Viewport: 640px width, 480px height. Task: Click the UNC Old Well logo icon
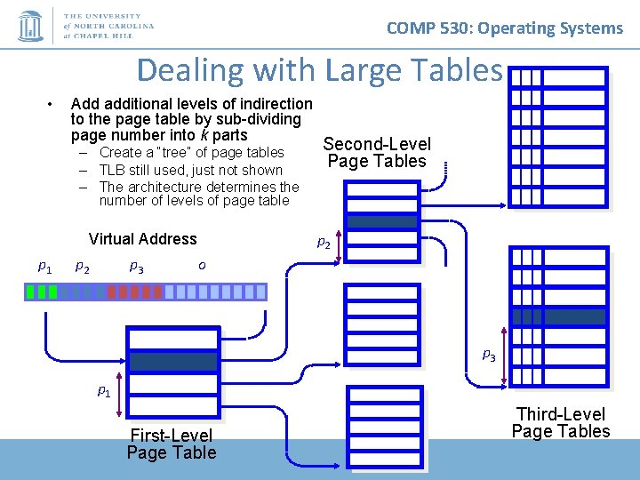[31, 26]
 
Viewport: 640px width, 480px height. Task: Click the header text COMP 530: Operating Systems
[504, 28]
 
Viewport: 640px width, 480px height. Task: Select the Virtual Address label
[142, 238]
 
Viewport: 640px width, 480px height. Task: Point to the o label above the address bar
[202, 266]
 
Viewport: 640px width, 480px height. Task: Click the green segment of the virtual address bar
[42, 292]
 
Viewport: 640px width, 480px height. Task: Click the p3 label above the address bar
[136, 266]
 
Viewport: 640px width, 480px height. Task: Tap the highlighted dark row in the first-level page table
[172, 361]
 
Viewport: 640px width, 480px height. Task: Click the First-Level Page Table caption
[172, 444]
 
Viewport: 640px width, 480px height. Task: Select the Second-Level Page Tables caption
[377, 152]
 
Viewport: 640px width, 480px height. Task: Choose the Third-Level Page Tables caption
[561, 422]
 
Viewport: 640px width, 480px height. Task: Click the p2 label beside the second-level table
[324, 241]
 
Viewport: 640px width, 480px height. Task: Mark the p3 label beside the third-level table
[488, 354]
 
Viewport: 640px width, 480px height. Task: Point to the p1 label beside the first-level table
[104, 390]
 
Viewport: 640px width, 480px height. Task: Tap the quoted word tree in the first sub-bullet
[175, 152]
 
